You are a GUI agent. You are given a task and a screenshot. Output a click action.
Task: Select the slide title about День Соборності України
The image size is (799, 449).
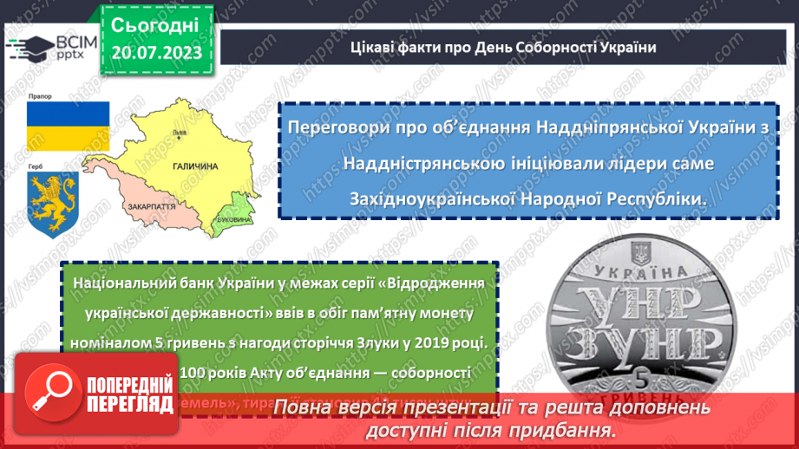click(502, 47)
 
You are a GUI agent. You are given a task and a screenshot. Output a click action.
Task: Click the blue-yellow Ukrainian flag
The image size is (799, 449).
click(68, 127)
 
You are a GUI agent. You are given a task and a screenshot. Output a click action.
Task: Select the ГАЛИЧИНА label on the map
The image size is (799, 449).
click(194, 166)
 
